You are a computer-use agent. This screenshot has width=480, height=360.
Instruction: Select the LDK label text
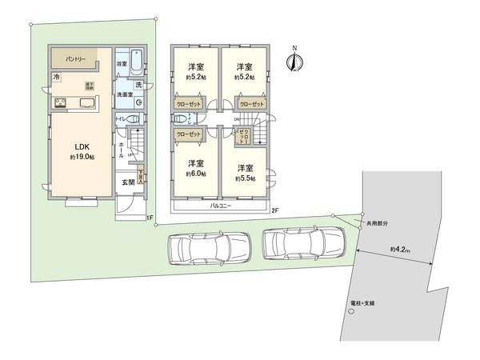[83, 146]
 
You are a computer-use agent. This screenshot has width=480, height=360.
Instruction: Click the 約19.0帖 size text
[83, 158]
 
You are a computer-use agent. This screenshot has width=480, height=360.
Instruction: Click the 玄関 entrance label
[128, 183]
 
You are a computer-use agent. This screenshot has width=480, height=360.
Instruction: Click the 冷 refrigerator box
[57, 77]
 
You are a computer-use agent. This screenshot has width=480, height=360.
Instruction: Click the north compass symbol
[295, 62]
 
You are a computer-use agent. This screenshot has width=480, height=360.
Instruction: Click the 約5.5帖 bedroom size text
[245, 179]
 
